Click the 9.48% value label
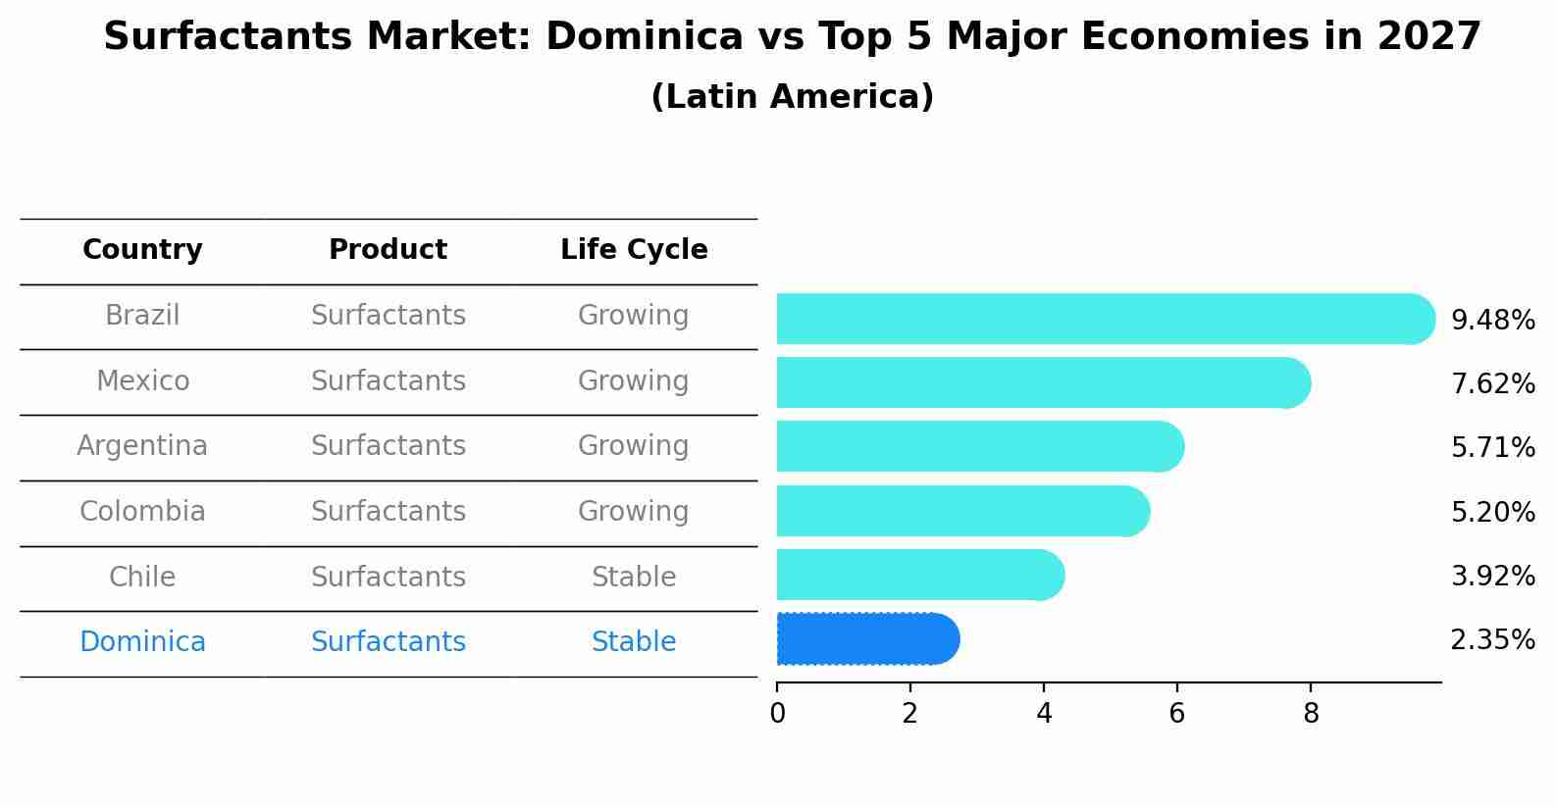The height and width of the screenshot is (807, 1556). click(x=1492, y=321)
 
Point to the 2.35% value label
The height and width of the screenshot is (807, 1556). click(x=1492, y=640)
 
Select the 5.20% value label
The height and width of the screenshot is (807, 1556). click(x=1492, y=512)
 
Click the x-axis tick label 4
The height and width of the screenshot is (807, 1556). click(x=1044, y=714)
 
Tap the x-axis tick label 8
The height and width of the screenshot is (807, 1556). click(x=1311, y=714)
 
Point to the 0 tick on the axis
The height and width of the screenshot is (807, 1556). click(x=777, y=714)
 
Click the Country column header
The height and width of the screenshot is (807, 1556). click(x=142, y=250)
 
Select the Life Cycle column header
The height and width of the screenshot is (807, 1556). click(x=634, y=250)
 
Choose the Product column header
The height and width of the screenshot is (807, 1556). click(x=388, y=250)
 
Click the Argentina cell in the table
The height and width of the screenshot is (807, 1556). click(x=142, y=446)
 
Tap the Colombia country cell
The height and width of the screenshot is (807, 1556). click(x=142, y=512)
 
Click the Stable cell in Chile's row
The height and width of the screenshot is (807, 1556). click(x=634, y=578)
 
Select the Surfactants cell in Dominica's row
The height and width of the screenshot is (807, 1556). click(x=388, y=642)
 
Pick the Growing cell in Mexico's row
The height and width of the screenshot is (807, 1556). click(x=634, y=380)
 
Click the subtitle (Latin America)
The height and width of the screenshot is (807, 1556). click(x=792, y=97)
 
